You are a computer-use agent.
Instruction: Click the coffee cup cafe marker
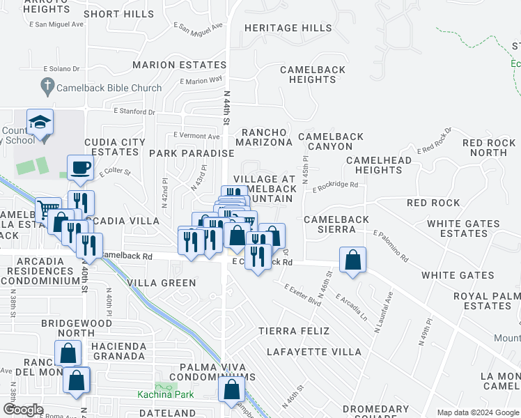click(80, 167)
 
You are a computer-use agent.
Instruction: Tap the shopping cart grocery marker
click(47, 208)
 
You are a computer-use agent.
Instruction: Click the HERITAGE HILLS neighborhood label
click(288, 28)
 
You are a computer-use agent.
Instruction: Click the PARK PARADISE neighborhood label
click(191, 153)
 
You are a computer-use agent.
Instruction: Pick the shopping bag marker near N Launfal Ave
click(353, 261)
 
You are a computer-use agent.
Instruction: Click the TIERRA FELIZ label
click(293, 330)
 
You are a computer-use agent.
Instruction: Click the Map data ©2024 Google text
click(477, 412)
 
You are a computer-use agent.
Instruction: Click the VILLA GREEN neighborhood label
click(162, 284)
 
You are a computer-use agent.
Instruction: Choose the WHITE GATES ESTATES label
click(463, 229)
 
